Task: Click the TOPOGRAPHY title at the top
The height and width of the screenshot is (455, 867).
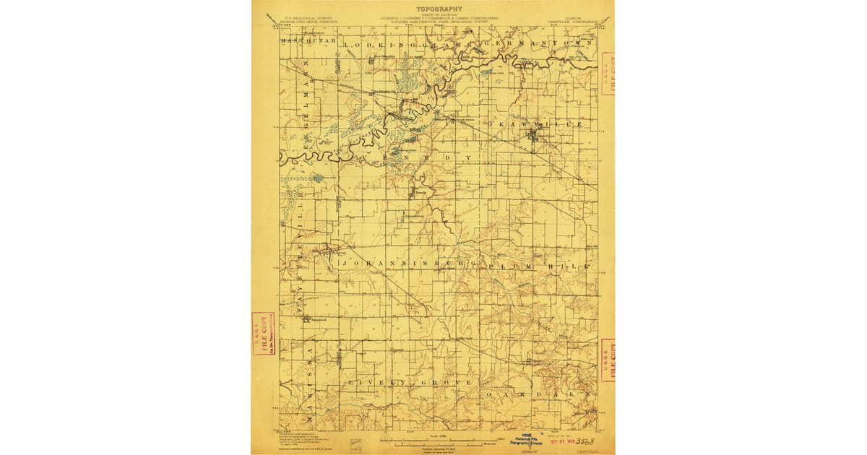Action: pos(439,9)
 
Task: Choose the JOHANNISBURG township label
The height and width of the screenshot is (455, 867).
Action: pos(408,264)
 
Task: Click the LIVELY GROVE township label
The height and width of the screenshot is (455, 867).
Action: pos(410,381)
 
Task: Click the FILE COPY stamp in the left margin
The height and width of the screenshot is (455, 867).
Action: pos(263,334)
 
